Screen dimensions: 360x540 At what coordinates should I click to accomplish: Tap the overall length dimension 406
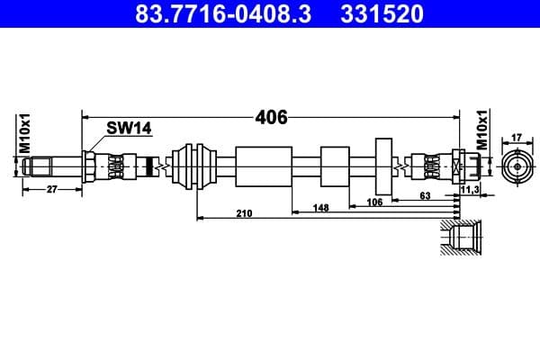click(x=271, y=117)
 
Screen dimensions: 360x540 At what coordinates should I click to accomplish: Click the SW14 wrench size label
click(x=129, y=129)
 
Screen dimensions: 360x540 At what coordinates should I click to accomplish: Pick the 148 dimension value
click(x=320, y=207)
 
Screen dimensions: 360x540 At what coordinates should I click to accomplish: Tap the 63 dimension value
click(x=426, y=195)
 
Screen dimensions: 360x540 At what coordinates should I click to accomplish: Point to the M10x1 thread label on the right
click(x=482, y=131)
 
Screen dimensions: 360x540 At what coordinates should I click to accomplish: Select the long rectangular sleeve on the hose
click(x=262, y=166)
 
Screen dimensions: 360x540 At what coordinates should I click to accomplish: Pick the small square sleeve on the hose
click(x=334, y=166)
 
